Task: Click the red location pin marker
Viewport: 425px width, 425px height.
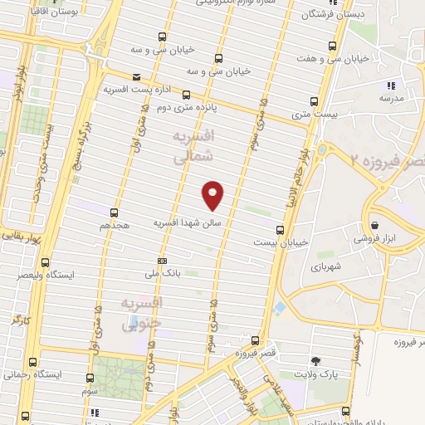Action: tap(213, 195)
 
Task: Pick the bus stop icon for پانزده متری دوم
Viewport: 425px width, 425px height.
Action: tap(187, 95)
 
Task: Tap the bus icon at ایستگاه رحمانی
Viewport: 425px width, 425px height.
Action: tap(32, 363)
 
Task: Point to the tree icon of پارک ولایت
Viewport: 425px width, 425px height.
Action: tap(315, 361)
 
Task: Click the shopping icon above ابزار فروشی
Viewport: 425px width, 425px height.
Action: tap(374, 225)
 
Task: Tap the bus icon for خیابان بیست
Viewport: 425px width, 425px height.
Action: tap(279, 230)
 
